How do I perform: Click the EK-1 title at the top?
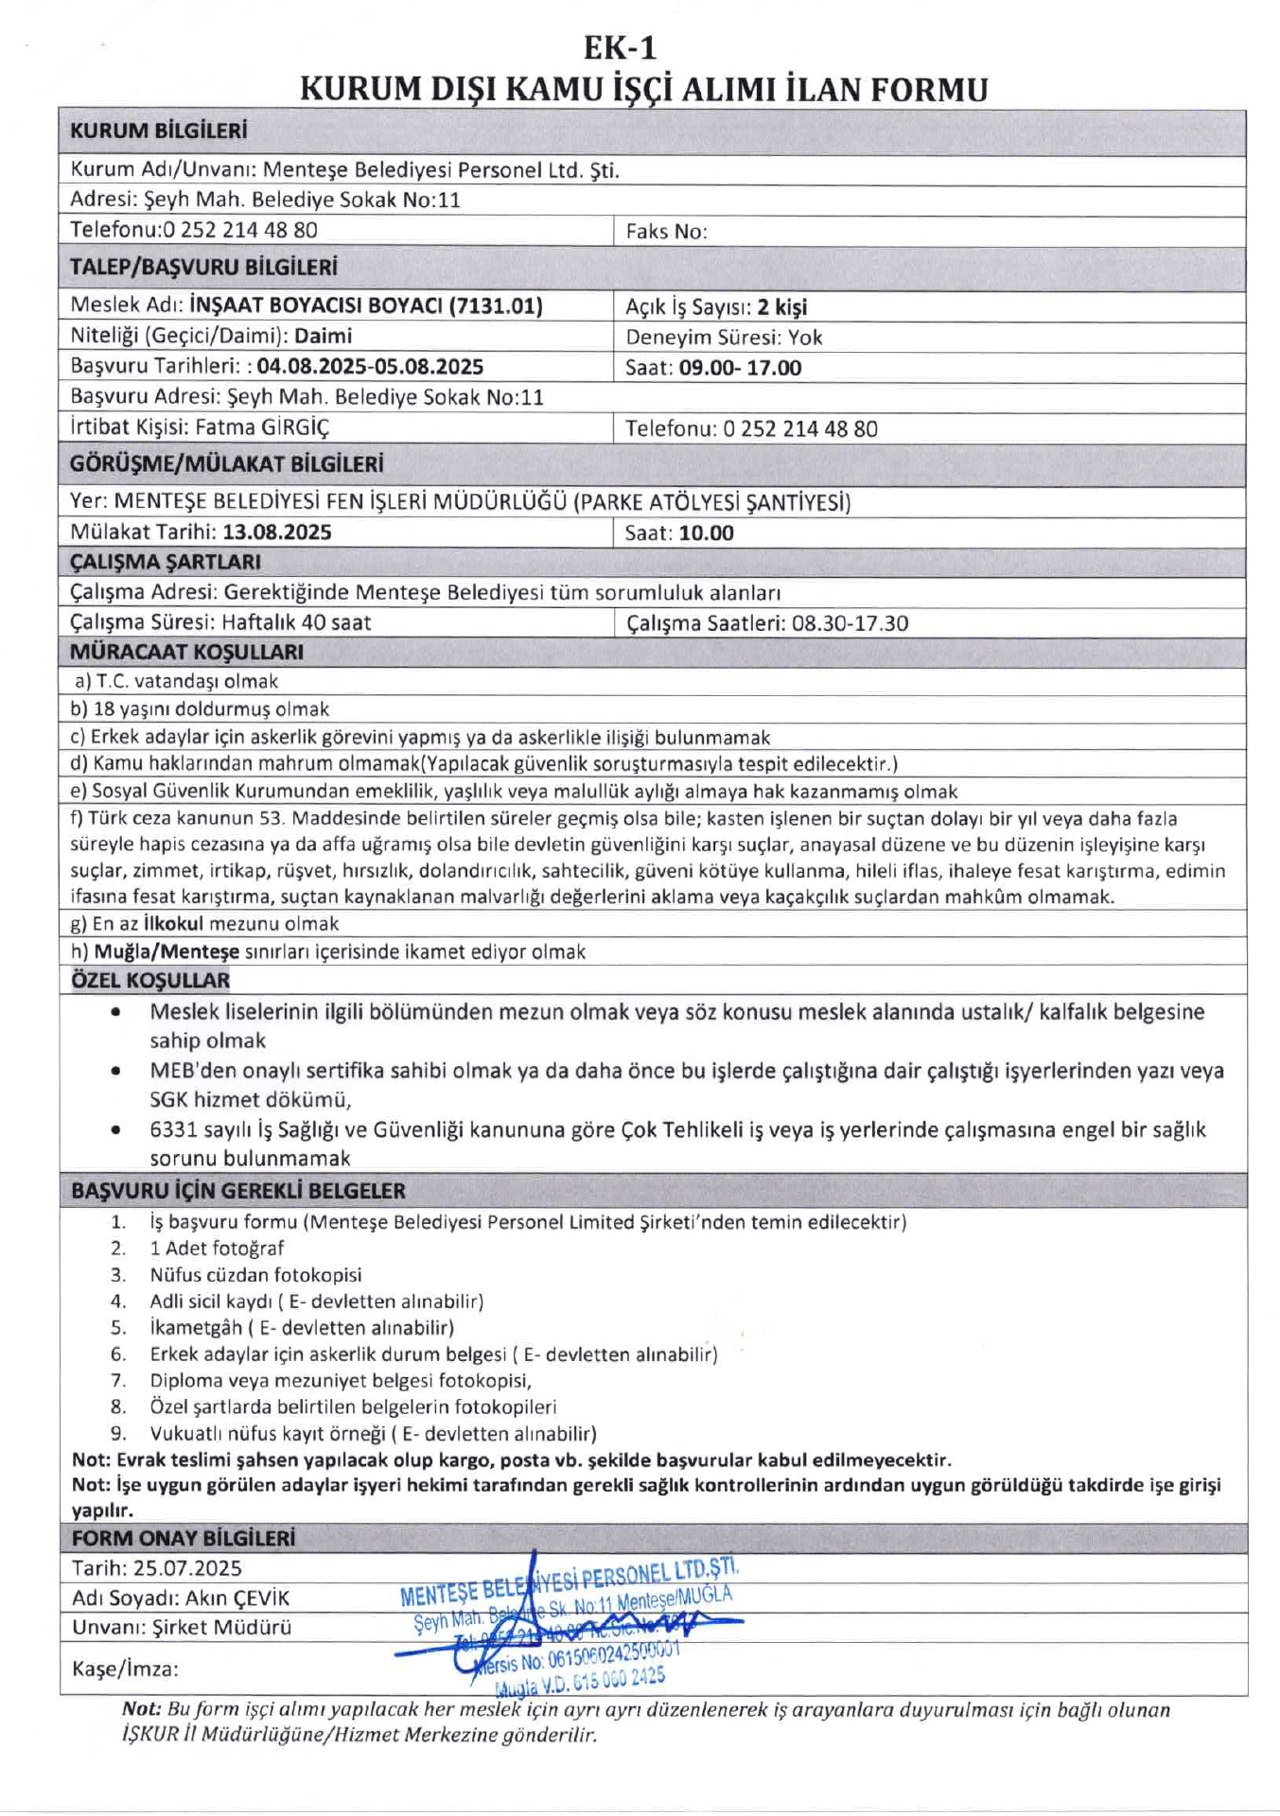click(620, 47)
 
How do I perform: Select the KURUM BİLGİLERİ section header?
click(158, 131)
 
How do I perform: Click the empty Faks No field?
click(974, 232)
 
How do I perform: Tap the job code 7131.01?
click(496, 306)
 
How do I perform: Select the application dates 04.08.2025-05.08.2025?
click(370, 367)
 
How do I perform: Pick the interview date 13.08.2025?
click(277, 533)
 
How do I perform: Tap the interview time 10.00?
click(706, 533)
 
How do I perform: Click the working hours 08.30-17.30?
click(850, 623)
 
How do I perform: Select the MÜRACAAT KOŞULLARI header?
click(186, 652)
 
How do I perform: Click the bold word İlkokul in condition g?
click(173, 923)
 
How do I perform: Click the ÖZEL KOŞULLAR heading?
click(150, 980)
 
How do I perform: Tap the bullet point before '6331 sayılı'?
click(115, 1129)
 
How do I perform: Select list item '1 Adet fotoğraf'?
click(217, 1248)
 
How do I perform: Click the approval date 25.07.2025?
click(187, 1568)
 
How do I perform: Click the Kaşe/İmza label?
click(125, 1668)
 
